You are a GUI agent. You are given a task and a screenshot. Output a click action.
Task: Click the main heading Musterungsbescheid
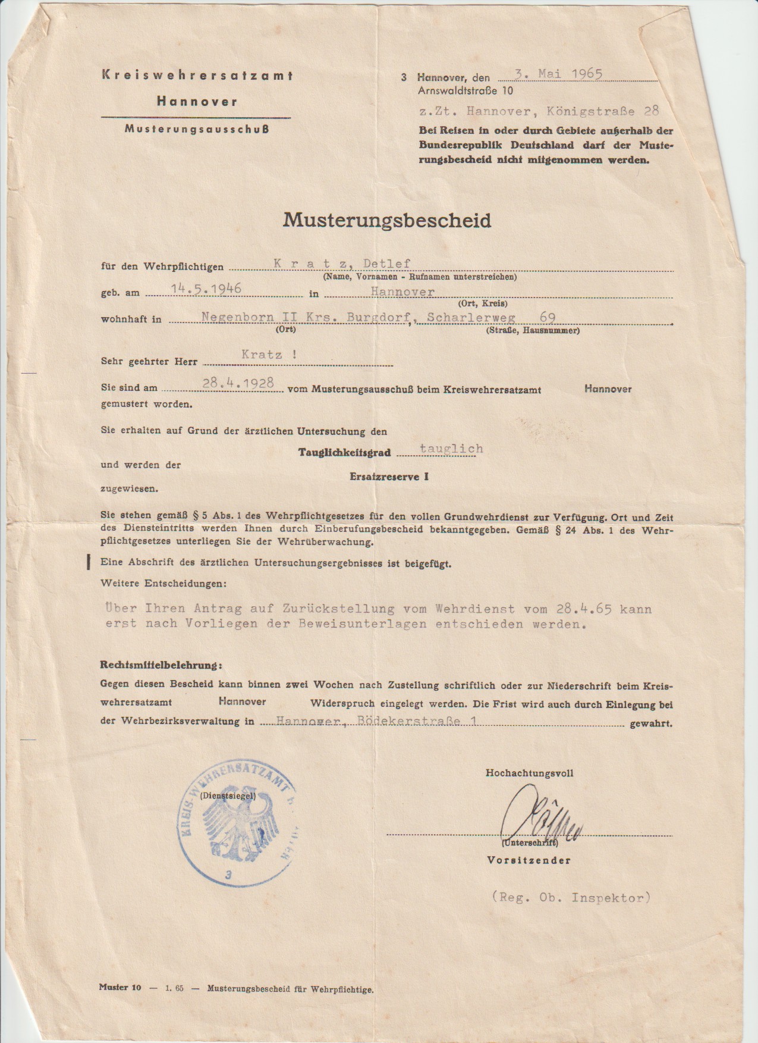387,221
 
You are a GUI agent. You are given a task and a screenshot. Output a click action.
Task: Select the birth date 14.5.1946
206,289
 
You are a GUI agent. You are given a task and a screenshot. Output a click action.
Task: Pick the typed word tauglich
451,449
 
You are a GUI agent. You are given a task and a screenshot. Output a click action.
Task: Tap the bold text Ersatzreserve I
389,477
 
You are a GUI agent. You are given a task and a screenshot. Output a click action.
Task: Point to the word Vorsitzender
529,860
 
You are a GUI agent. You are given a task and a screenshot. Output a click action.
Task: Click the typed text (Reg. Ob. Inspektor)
571,898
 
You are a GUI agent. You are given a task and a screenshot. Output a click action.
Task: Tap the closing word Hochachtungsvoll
530,773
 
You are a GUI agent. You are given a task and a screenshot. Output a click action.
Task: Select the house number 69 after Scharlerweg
547,318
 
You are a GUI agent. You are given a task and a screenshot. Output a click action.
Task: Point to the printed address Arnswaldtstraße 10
465,91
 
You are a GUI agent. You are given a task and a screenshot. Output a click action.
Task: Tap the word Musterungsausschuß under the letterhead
196,129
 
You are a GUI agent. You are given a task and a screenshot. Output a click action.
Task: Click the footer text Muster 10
120,988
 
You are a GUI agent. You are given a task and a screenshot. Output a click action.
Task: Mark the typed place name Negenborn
232,318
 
